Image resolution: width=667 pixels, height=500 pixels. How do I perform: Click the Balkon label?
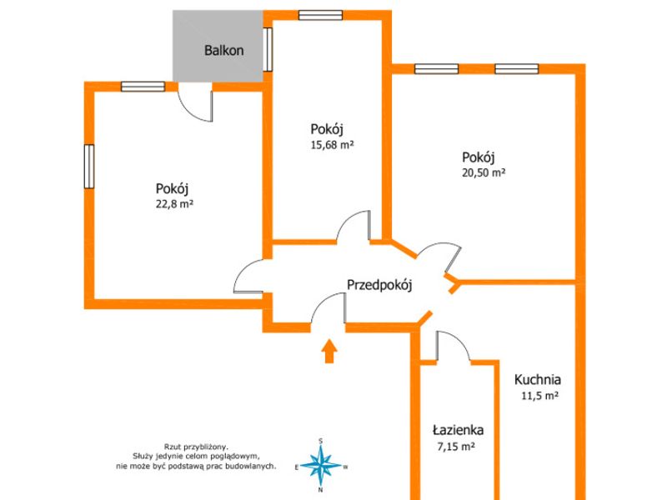[223, 50]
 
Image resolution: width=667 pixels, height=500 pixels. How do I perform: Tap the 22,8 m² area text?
[174, 204]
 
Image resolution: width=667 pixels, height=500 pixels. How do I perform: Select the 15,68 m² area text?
[332, 145]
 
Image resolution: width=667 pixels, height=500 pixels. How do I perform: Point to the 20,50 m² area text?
[484, 172]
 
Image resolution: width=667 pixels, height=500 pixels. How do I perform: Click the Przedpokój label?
[379, 285]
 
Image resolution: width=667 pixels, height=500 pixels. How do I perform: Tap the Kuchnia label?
[538, 379]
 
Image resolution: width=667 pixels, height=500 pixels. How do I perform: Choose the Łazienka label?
[458, 430]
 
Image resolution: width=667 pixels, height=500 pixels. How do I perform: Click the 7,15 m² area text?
[456, 447]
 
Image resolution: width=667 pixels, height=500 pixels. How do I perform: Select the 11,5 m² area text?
[539, 396]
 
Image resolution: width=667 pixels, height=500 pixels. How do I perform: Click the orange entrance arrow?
[328, 351]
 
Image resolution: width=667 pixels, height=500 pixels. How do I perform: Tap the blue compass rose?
[321, 466]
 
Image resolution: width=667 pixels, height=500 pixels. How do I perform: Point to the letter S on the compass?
[321, 442]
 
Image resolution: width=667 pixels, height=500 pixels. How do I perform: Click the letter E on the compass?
[297, 467]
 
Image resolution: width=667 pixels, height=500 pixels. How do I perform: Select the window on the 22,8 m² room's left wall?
[89, 166]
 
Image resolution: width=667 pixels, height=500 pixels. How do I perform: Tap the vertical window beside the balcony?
[268, 49]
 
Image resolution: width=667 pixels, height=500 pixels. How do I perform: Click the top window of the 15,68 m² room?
[320, 15]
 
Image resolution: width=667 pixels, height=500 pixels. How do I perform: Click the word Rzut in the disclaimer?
[172, 447]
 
